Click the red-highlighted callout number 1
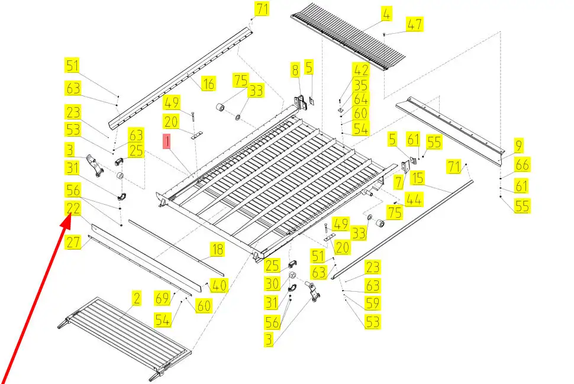[167, 142]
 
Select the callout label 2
[137, 299]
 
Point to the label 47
[414, 24]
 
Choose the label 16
[208, 84]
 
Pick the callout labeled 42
[360, 70]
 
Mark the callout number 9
[518, 145]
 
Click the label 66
[522, 165]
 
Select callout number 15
[418, 177]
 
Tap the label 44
[414, 200]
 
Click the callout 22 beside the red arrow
[73, 208]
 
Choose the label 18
[218, 250]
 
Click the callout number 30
[272, 284]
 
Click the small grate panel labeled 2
[127, 334]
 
